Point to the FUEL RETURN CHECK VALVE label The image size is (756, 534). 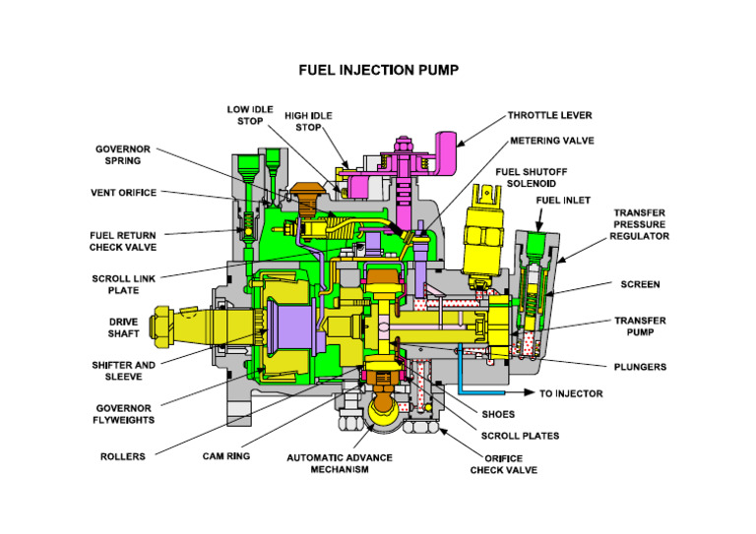pyautogui.click(x=123, y=241)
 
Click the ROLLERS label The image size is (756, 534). pyautogui.click(x=123, y=455)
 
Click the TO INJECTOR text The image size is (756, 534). pyautogui.click(x=571, y=393)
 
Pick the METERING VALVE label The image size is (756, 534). pyautogui.click(x=551, y=141)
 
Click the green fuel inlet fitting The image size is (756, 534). pyautogui.click(x=536, y=241)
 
